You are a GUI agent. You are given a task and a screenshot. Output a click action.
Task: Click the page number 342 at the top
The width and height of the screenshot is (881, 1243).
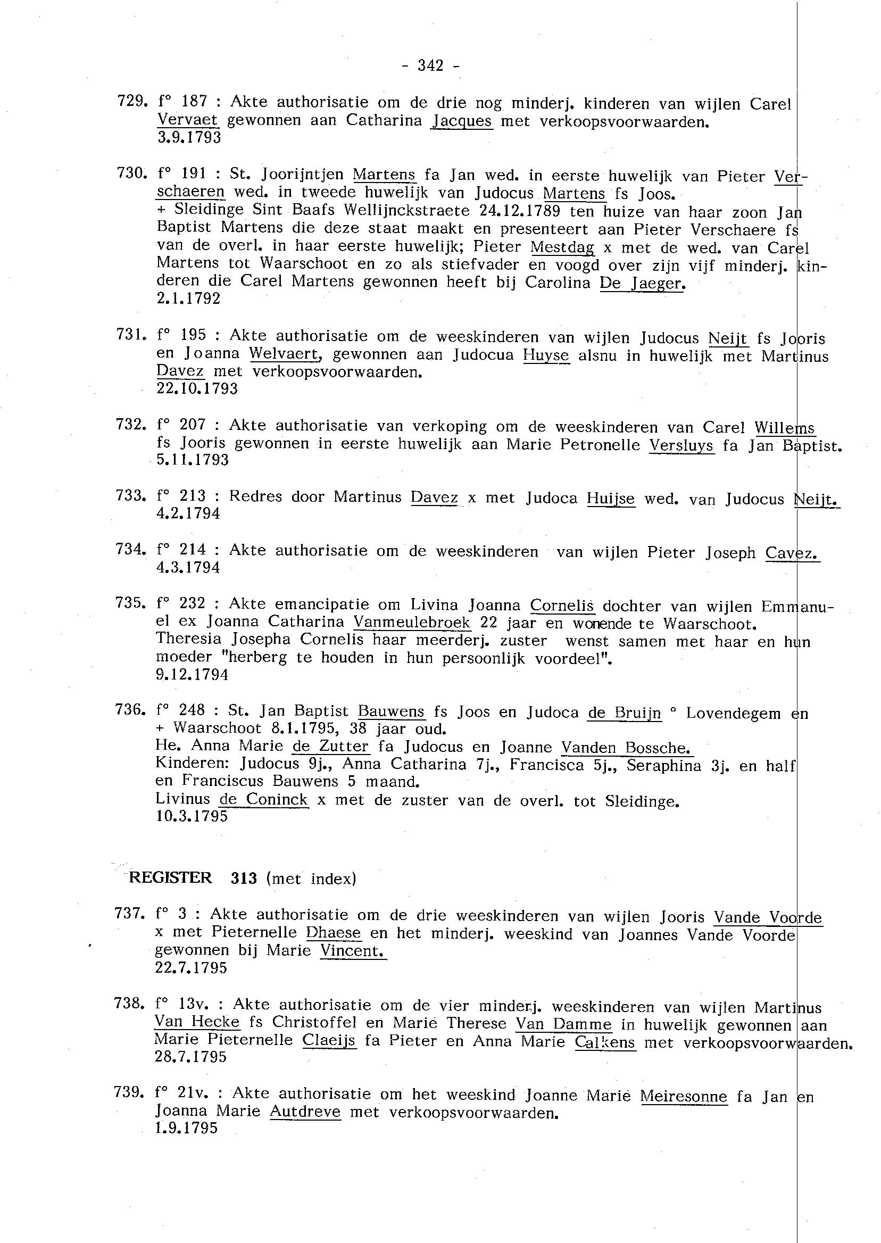[431, 65]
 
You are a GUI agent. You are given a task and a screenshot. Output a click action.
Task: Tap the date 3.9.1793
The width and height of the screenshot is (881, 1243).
[189, 138]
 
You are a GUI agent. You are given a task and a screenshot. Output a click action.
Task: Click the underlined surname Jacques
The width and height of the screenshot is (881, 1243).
[462, 120]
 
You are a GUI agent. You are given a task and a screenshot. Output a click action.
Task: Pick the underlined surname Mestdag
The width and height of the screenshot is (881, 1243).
[562, 247]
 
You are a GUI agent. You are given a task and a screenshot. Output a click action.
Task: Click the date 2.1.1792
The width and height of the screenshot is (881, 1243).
[188, 299]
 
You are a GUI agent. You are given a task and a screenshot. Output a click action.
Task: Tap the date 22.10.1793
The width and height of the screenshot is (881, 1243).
[196, 389]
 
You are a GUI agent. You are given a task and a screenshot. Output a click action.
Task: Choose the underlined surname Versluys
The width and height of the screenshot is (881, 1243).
[681, 445]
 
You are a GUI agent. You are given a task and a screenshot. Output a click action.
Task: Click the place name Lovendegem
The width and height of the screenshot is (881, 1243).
[733, 712]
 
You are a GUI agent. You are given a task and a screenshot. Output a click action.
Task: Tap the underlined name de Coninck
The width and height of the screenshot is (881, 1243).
[264, 800]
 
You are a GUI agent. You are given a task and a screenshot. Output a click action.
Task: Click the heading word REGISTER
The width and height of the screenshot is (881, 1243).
[170, 879]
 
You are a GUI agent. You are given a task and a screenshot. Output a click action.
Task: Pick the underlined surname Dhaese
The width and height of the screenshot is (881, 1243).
[333, 933]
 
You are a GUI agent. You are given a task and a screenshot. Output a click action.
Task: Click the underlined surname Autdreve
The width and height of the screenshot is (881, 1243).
[305, 1112]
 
